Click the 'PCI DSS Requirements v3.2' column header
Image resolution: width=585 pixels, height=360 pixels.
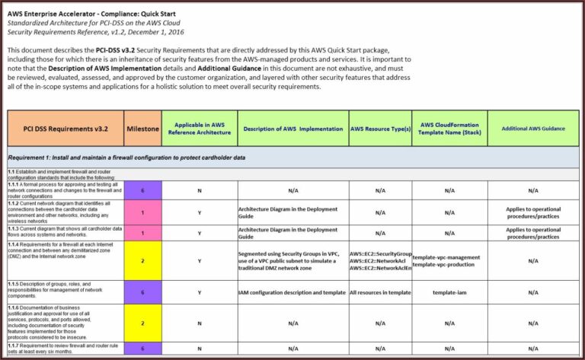66,129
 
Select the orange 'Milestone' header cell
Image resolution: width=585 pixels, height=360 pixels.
142,129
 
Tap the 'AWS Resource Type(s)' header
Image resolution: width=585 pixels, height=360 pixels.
380,129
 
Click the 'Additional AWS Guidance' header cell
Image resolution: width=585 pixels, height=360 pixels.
533,129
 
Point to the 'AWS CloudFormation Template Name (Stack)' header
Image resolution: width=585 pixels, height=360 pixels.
449,129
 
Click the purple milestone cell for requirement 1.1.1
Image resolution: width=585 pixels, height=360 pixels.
142,191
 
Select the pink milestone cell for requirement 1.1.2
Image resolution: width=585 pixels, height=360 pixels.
142,212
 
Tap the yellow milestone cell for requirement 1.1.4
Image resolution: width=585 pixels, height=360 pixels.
142,260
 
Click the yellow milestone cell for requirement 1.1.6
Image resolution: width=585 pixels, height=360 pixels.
142,323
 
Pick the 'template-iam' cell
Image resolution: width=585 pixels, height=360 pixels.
449,292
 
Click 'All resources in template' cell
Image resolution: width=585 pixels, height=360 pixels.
380,292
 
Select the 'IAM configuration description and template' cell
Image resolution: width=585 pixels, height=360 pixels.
292,292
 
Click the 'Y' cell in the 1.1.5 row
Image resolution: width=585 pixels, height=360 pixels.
200,292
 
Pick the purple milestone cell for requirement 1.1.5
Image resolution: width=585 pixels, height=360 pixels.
142,292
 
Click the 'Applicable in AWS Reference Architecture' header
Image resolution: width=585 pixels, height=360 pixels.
200,129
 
